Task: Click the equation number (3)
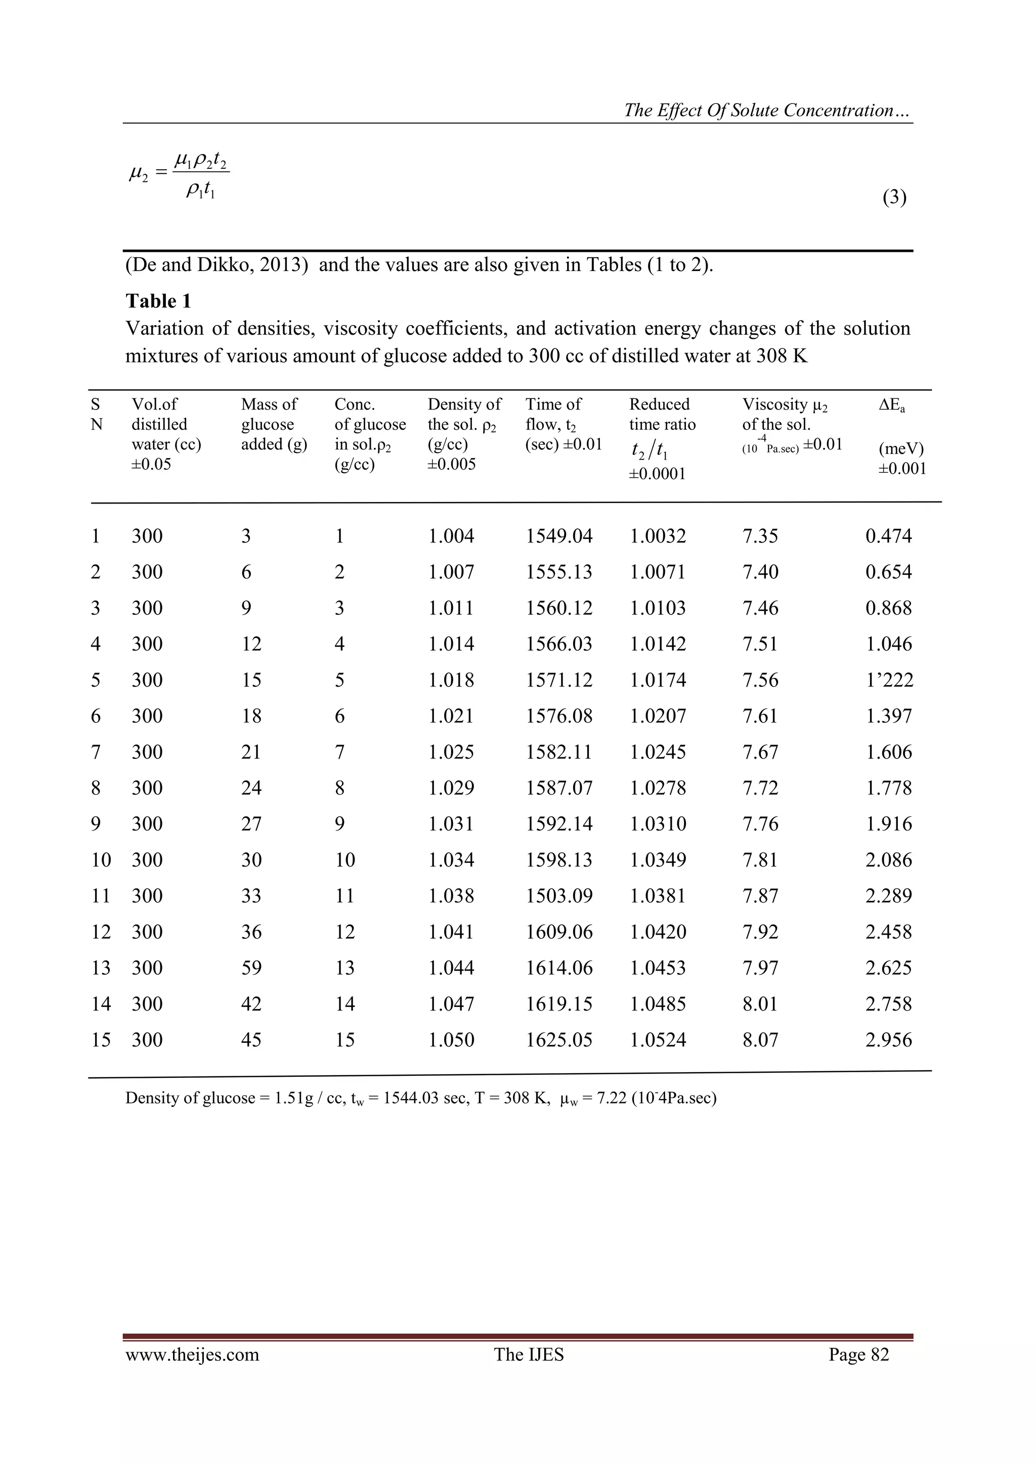pyautogui.click(x=894, y=198)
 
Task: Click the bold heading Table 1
pyautogui.click(x=158, y=301)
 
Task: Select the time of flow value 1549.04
pyautogui.click(x=559, y=536)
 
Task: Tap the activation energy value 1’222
pyautogui.click(x=889, y=680)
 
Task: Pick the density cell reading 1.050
pyautogui.click(x=451, y=1040)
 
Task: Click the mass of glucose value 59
pyautogui.click(x=251, y=968)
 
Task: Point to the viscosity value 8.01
pyautogui.click(x=760, y=1004)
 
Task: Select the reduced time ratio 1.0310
pyautogui.click(x=658, y=825)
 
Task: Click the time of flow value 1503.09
pyautogui.click(x=559, y=896)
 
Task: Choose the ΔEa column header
pyautogui.click(x=892, y=405)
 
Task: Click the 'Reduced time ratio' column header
pyautogui.click(x=662, y=415)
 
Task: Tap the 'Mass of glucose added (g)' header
pyautogui.click(x=274, y=424)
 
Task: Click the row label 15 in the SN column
pyautogui.click(x=101, y=1040)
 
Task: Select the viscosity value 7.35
pyautogui.click(x=760, y=536)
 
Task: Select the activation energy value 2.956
pyautogui.click(x=889, y=1040)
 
